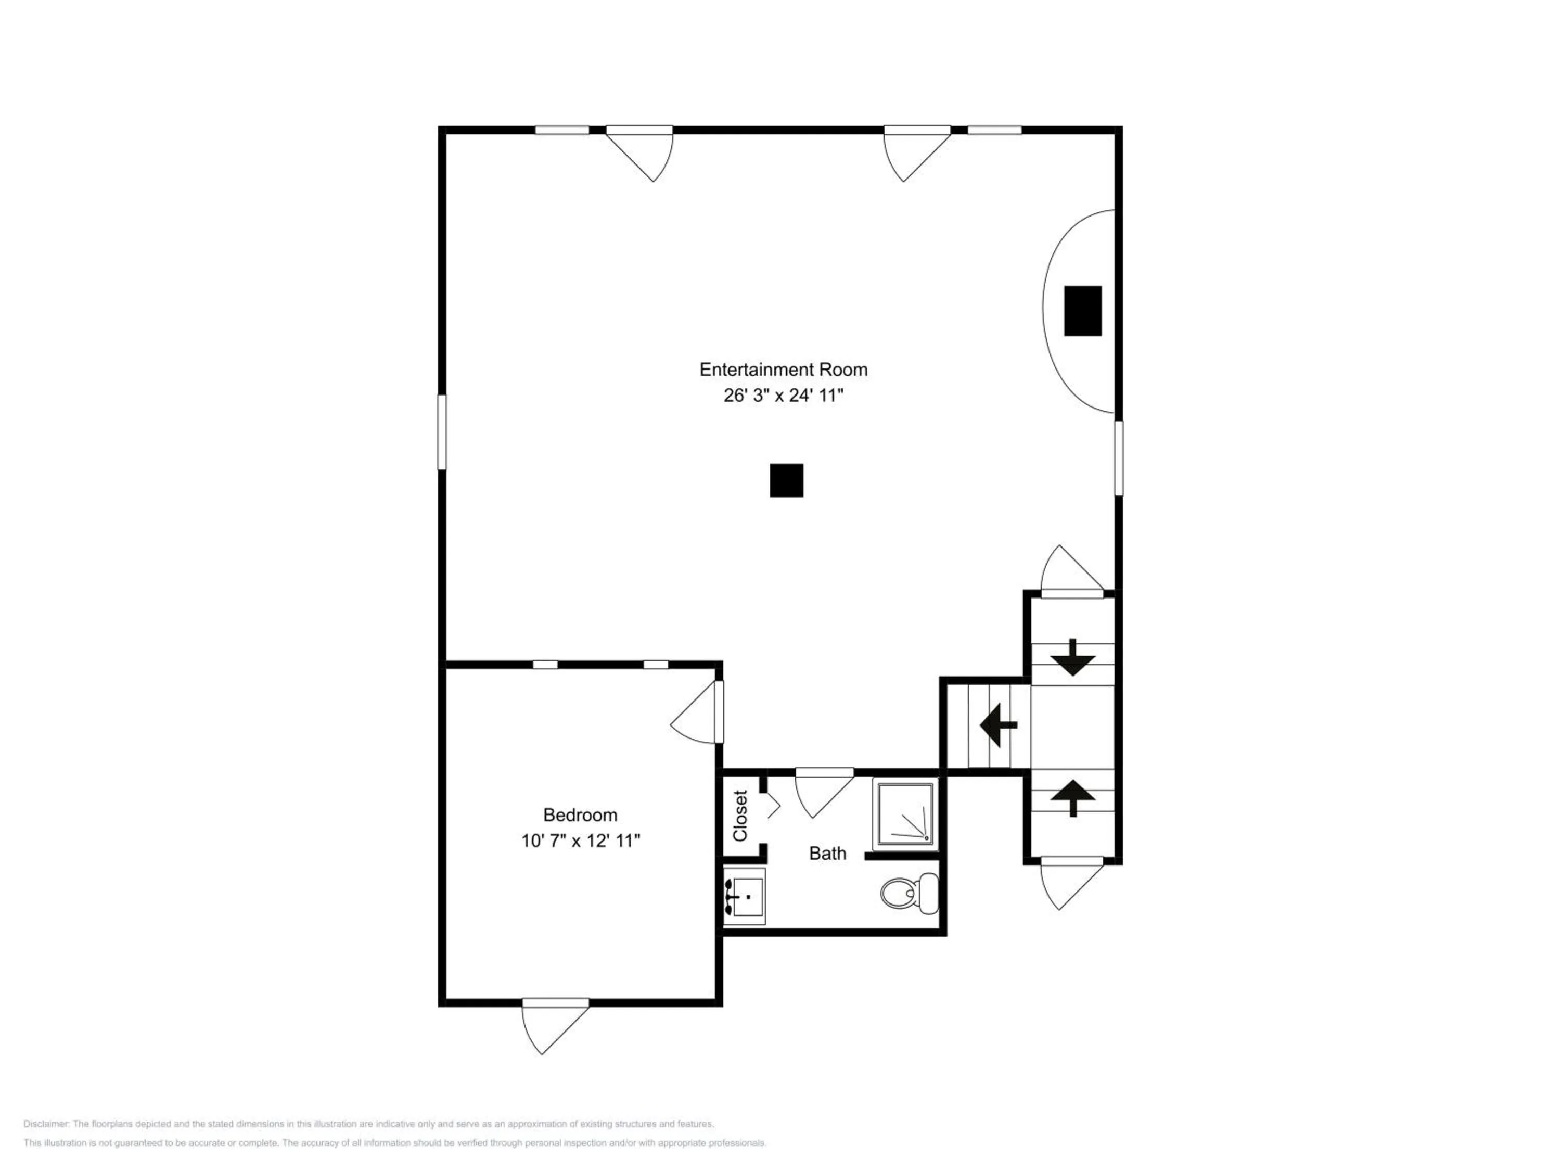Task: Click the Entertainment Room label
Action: (x=783, y=369)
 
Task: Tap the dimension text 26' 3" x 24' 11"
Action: (x=783, y=395)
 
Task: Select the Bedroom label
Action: (x=580, y=814)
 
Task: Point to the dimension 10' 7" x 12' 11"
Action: (x=580, y=841)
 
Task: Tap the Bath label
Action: (x=827, y=854)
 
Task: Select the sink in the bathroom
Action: (x=745, y=896)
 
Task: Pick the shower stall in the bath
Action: (x=906, y=814)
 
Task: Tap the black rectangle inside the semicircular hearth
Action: (x=1082, y=311)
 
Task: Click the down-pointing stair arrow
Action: (x=1072, y=657)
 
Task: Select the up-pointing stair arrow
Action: (x=1072, y=798)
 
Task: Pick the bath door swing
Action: (x=824, y=793)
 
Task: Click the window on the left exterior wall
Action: (x=442, y=432)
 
